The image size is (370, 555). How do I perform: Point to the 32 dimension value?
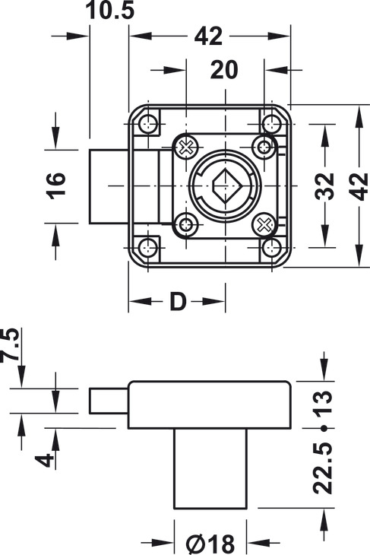tap(325, 186)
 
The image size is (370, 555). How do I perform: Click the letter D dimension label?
tap(177, 302)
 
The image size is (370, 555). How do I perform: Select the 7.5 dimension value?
tap(12, 347)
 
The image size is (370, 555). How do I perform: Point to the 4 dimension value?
tap(47, 459)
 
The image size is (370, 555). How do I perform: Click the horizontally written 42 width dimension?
tap(207, 36)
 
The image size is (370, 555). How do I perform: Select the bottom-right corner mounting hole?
tap(272, 246)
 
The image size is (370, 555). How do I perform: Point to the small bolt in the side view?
tap(107, 399)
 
